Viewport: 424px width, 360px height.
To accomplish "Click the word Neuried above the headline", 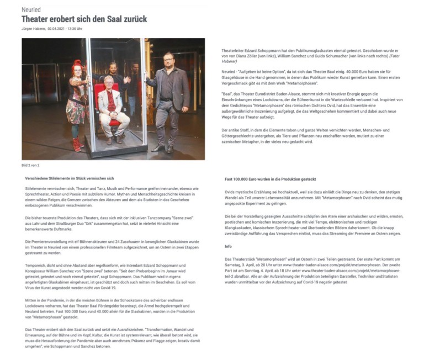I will click(31, 10).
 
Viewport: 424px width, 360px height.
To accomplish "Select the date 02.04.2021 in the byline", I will click(57, 29).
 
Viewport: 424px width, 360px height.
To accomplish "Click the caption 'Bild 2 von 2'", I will click(31, 165).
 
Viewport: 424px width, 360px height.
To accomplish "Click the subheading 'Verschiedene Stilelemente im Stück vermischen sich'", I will click(70, 178).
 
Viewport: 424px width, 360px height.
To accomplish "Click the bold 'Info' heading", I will click(228, 246).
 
